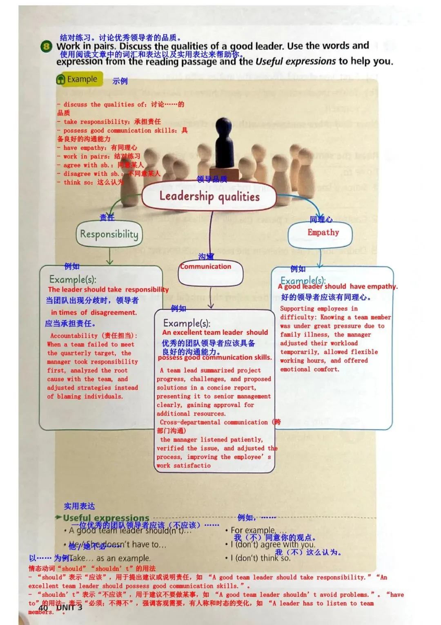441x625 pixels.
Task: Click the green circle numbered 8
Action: click(x=46, y=47)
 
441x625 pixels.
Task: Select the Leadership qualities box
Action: click(x=209, y=196)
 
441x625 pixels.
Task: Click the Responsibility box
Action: click(x=109, y=234)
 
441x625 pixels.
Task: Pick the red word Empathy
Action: click(x=323, y=233)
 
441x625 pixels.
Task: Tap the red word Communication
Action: click(x=206, y=267)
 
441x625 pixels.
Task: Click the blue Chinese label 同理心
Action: click(x=321, y=220)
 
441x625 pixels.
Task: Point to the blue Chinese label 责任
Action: click(x=107, y=217)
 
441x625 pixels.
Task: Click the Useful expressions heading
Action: click(x=106, y=518)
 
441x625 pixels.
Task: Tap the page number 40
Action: click(x=43, y=607)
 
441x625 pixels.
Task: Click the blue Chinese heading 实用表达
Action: click(x=79, y=506)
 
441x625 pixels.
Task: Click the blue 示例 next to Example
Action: click(x=120, y=81)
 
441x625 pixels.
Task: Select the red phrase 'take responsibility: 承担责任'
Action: click(x=112, y=121)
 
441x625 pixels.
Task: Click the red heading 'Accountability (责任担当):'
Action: click(x=94, y=336)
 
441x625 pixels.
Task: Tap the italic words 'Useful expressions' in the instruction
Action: click(x=295, y=61)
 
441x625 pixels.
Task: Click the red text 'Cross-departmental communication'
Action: click(x=214, y=422)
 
